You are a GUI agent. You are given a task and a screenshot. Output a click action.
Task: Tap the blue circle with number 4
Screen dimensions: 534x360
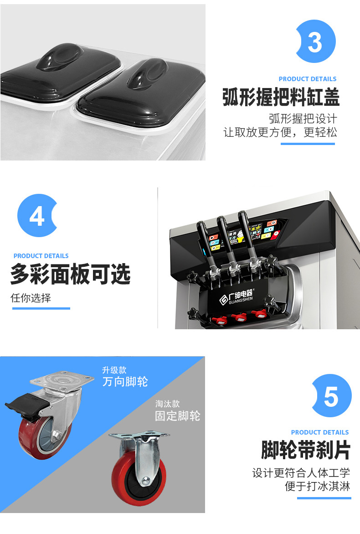37,216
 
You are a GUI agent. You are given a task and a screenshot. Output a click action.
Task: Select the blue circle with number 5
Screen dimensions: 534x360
331,396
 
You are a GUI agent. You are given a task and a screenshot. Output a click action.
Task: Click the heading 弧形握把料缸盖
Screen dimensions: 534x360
281,98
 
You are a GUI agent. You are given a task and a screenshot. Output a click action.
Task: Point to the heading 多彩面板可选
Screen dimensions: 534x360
70,275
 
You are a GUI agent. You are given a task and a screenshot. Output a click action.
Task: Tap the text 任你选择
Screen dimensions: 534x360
31,298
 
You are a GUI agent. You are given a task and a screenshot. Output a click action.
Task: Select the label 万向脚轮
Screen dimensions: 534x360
125,381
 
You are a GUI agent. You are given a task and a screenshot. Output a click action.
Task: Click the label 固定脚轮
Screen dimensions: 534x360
177,415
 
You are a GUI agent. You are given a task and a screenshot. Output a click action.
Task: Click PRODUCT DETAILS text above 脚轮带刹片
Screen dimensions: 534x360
319,432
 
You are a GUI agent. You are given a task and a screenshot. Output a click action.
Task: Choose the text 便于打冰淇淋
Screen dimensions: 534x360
317,486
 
